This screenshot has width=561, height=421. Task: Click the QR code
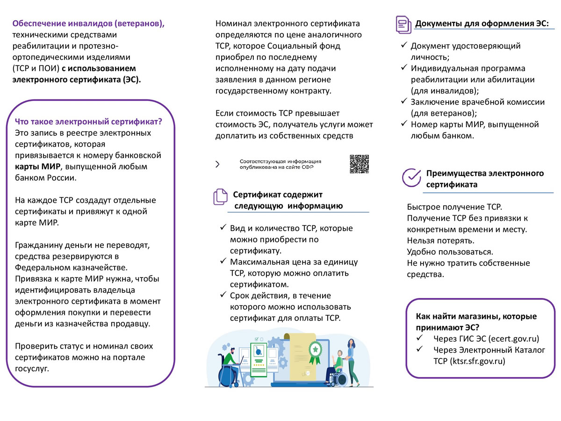tap(360, 164)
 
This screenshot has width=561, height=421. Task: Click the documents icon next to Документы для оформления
tap(403, 24)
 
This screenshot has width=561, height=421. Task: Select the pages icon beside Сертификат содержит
tap(220, 197)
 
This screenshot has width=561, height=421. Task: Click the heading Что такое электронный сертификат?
tap(89, 122)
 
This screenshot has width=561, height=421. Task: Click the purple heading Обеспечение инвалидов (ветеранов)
tap(88, 23)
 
